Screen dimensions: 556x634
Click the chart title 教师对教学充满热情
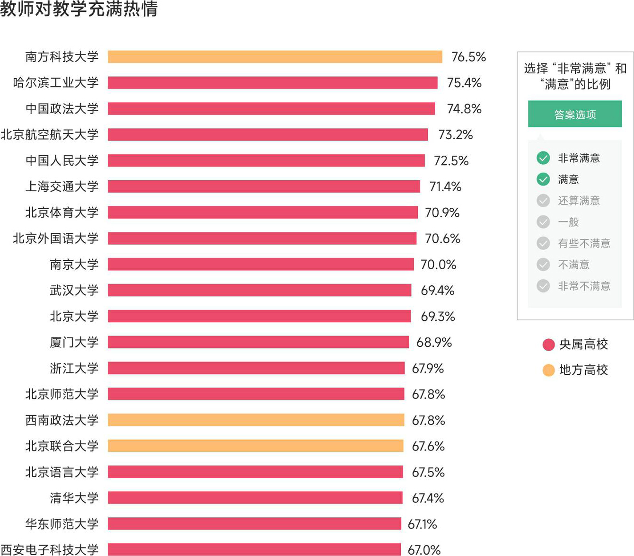click(x=79, y=9)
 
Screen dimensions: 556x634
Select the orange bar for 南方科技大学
click(x=274, y=57)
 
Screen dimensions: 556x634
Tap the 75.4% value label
click(x=464, y=83)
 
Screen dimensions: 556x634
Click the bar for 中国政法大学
click(x=271, y=109)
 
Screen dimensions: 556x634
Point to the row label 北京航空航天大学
click(x=50, y=134)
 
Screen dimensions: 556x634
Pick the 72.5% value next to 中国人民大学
click(x=451, y=161)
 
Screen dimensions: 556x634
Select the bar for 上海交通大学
click(x=264, y=186)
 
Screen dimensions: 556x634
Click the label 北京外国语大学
click(x=56, y=238)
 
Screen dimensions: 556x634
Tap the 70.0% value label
click(x=438, y=265)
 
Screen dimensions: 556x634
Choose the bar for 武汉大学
click(x=259, y=290)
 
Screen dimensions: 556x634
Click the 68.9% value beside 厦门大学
click(x=434, y=342)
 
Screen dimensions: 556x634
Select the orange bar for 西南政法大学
click(x=256, y=420)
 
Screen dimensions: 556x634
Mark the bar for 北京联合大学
click(x=255, y=446)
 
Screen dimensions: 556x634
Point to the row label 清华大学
click(x=74, y=498)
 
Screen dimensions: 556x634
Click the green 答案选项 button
click(x=575, y=114)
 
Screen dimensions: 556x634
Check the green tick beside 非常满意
click(x=543, y=158)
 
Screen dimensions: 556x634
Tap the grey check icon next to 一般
click(x=543, y=222)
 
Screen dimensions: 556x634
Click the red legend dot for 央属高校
click(x=548, y=344)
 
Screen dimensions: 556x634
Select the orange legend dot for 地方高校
click(x=548, y=370)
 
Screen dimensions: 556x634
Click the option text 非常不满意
click(x=584, y=286)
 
